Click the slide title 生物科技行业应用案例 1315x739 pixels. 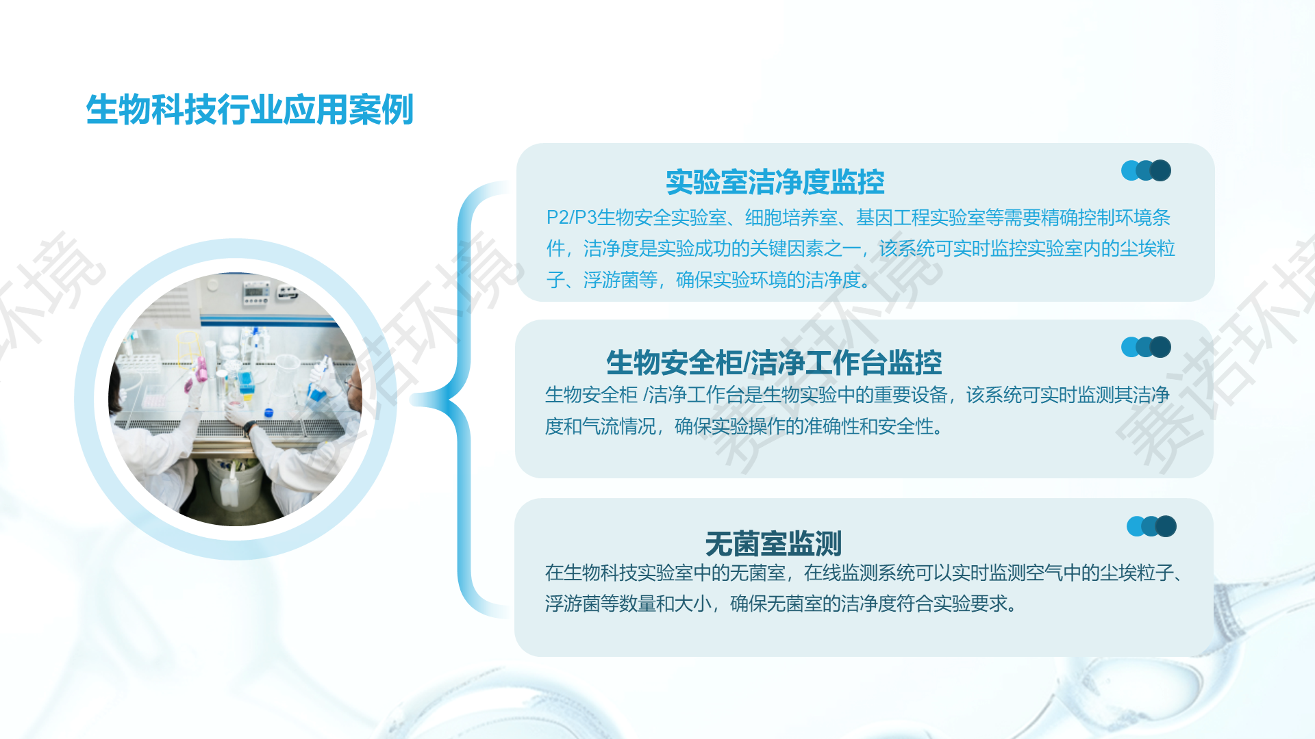[x=249, y=109]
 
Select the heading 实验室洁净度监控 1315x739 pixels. [x=775, y=182]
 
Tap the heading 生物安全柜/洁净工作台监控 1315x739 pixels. [x=774, y=362]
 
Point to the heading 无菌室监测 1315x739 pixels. [x=773, y=544]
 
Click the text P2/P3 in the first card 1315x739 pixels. [x=571, y=218]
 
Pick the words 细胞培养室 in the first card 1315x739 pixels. [x=791, y=218]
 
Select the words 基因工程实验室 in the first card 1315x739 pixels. [x=920, y=218]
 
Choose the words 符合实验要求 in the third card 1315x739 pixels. [x=953, y=604]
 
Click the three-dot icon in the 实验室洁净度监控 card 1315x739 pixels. [x=1146, y=170]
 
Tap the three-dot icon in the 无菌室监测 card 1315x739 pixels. [x=1151, y=526]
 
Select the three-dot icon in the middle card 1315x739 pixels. [x=1146, y=347]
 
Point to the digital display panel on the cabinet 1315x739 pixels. [x=255, y=294]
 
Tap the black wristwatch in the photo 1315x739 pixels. [x=248, y=428]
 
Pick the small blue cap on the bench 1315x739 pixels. [x=268, y=412]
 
